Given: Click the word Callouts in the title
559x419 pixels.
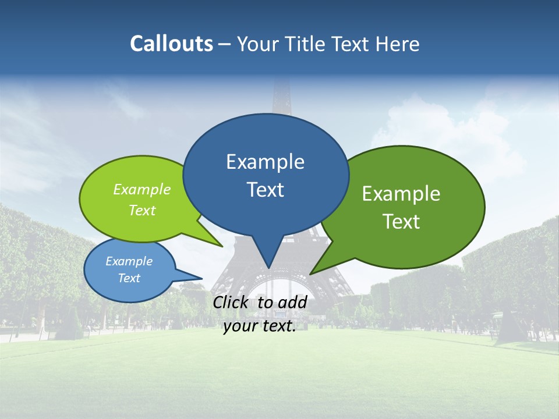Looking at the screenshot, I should (171, 44).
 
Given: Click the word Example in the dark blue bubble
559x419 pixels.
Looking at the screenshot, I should (265, 162).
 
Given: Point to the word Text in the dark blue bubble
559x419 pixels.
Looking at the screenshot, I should (265, 190).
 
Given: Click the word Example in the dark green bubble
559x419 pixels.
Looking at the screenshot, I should (401, 194).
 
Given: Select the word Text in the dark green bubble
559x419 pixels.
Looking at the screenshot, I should (401, 222).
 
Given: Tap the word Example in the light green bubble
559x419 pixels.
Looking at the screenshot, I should (142, 190).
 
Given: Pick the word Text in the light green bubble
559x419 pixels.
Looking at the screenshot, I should (142, 210).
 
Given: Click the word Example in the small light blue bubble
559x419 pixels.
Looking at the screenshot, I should (129, 261).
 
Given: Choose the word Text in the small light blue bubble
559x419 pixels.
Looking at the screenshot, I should (129, 278).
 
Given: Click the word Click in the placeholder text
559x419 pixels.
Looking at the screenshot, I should (231, 302).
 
